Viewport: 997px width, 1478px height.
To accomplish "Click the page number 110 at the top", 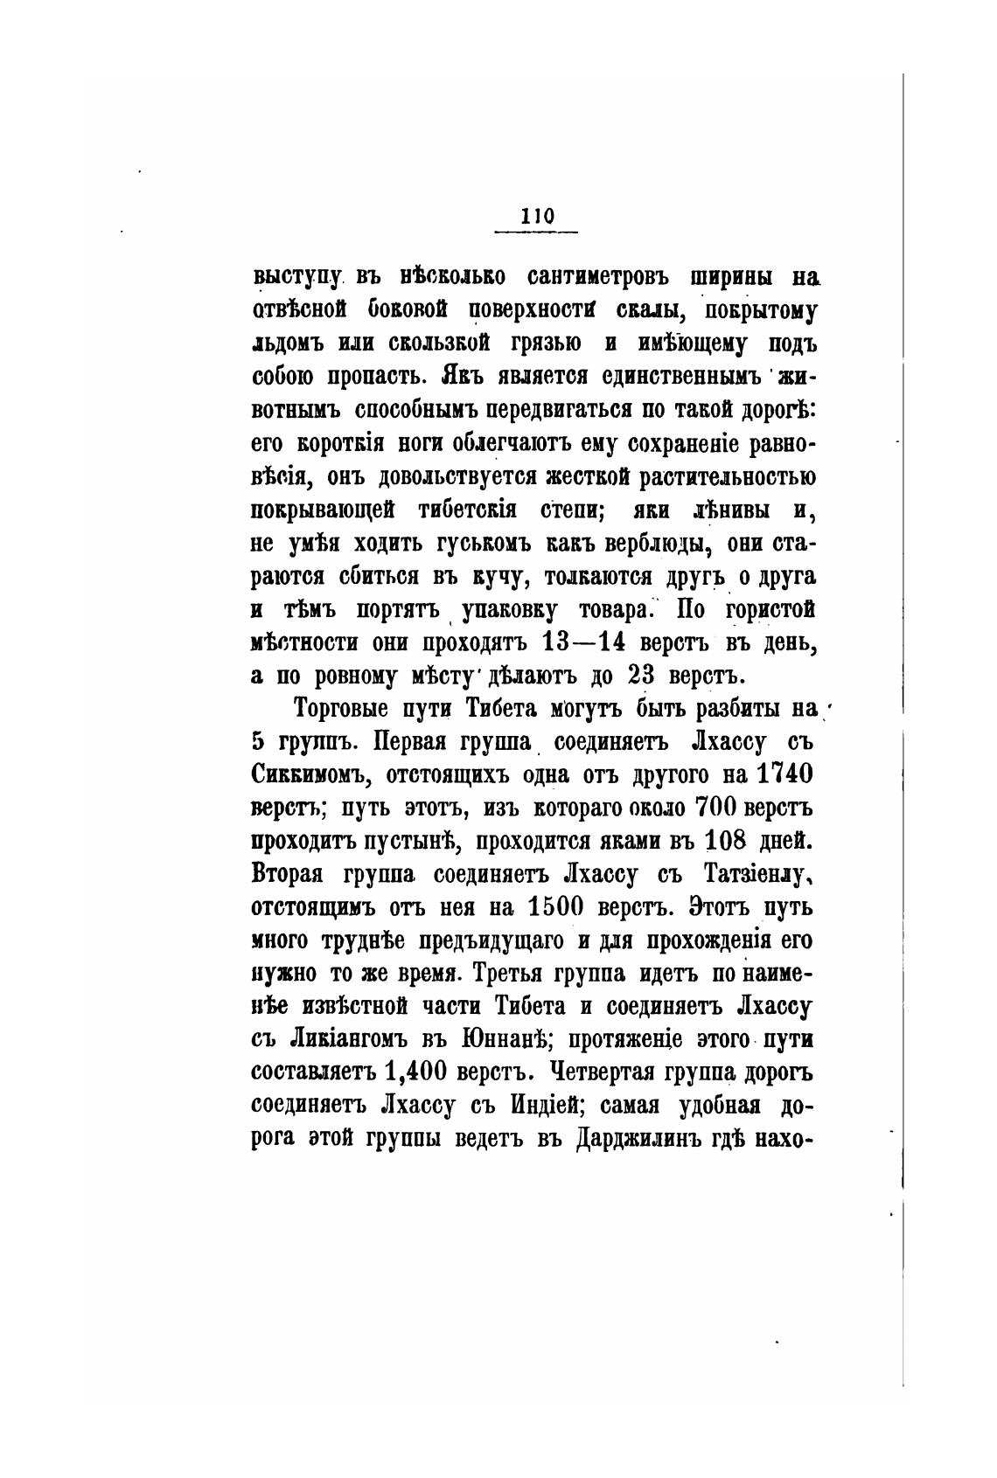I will click(x=536, y=216).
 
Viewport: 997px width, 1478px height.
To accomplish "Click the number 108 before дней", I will click(x=729, y=841).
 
